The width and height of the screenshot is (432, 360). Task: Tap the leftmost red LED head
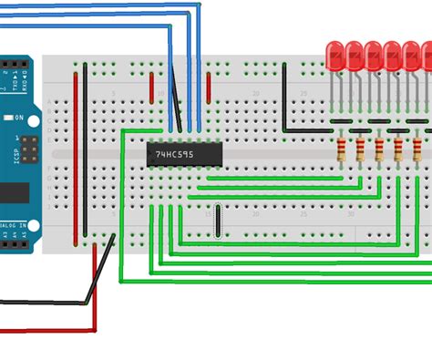pos(334,56)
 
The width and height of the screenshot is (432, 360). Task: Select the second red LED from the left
pos(354,56)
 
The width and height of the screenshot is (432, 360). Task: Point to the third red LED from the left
pos(374,56)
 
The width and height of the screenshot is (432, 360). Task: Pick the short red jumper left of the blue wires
pos(152,87)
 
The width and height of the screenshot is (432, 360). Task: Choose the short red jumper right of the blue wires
pos(209,87)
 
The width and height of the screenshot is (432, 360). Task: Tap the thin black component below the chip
pos(218,221)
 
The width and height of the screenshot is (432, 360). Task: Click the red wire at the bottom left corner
pos(46,329)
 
